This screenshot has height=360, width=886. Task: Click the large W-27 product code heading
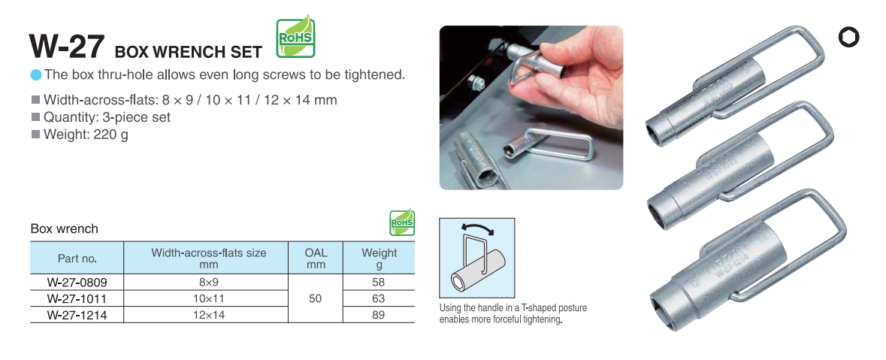pos(67,46)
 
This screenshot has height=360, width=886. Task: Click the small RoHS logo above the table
pos(402,222)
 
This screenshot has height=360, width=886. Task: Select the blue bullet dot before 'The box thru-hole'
pos(36,74)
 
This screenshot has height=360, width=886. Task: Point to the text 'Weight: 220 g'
pos(86,135)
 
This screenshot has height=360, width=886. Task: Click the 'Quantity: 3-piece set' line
pos(107,117)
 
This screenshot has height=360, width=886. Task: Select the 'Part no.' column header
pos(77,259)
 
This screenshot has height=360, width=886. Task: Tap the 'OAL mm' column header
pos(316,258)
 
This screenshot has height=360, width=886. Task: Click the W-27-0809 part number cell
pos(77,282)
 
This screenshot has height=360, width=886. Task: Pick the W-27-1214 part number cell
pos(77,315)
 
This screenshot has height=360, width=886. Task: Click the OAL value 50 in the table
pos(316,298)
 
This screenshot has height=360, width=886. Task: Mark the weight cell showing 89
pos(379,315)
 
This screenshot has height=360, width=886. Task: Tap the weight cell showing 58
pos(379,282)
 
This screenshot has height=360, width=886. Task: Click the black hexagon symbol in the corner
pos(848,38)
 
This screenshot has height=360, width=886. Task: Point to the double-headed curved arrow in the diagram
pos(477,227)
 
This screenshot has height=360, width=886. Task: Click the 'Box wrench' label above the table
pos(65,229)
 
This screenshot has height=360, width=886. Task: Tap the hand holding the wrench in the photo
pos(570,85)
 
